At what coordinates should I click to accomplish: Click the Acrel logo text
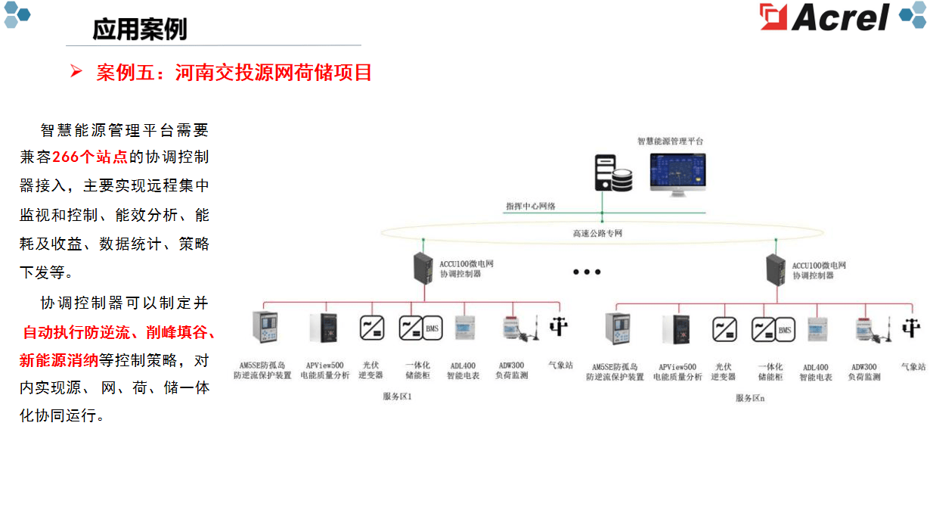coord(839,17)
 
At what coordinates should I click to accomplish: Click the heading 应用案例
coord(140,29)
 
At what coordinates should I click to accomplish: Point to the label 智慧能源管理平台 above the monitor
coord(670,141)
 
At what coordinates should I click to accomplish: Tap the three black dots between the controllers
coord(586,272)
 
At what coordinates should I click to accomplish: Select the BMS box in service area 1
coord(432,328)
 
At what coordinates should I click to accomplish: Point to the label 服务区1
coord(398,396)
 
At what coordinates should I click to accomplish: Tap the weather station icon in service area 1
coord(559,327)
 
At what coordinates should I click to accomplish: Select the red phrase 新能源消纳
coord(59,360)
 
